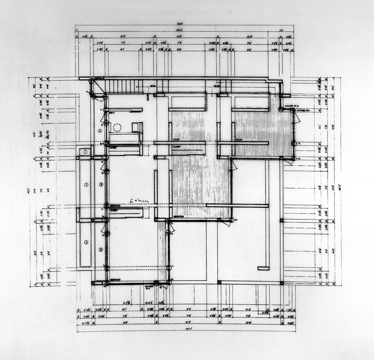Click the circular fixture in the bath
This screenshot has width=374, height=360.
click(x=117, y=127)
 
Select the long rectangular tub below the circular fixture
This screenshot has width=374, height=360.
click(x=125, y=138)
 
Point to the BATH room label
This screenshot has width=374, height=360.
click(x=112, y=112)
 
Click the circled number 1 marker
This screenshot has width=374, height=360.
click(x=85, y=153)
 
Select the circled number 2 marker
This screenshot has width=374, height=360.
click(x=86, y=184)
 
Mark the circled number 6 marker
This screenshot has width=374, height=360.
click(x=101, y=249)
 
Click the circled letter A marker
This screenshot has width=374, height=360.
click(x=100, y=131)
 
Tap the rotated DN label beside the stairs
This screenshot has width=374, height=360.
click(x=148, y=97)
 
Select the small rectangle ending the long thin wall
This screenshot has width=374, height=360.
click(x=263, y=268)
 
